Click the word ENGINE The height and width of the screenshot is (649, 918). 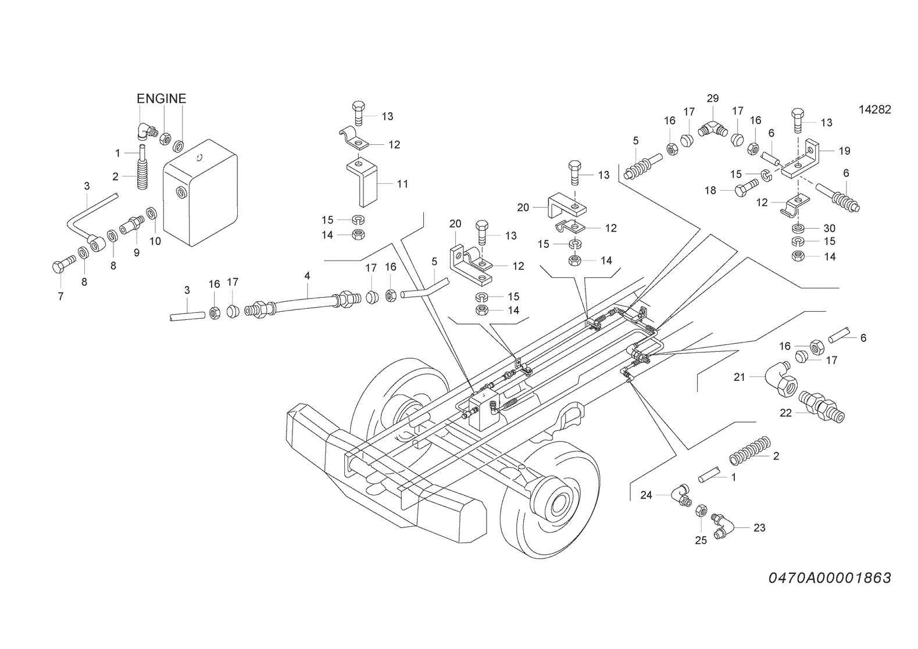coord(161,99)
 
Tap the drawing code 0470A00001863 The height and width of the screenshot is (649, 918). coord(830,578)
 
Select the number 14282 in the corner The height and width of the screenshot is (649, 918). coord(874,110)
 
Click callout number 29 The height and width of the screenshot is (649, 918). coord(713,98)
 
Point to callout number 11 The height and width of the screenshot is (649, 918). coord(402,184)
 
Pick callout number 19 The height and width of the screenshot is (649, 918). coord(845,151)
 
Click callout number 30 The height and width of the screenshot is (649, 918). coord(830,229)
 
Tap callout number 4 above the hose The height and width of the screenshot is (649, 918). coord(308,276)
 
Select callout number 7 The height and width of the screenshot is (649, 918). coord(60,297)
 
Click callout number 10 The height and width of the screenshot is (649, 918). coord(155,241)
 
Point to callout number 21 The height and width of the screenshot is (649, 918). coord(739,377)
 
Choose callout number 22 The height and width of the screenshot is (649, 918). coord(785,413)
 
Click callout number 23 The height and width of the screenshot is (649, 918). coord(759,528)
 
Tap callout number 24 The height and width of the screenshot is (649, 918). coord(646,495)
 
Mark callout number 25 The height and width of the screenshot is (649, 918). coord(701,541)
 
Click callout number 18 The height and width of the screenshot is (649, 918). coord(710,191)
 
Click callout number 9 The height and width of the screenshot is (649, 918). coord(137,253)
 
